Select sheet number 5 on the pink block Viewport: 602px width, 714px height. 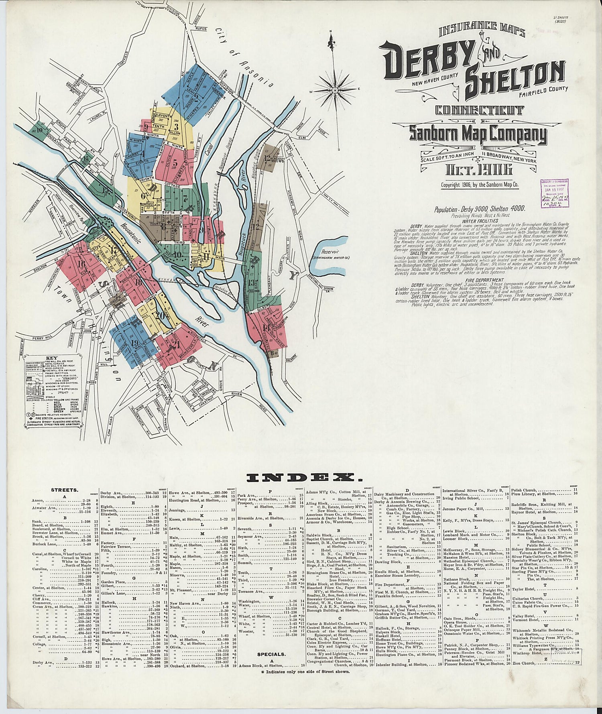pyautogui.click(x=175, y=163)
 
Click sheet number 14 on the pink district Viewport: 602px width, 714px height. pyautogui.click(x=266, y=328)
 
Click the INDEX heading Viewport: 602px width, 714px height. pyautogui.click(x=301, y=478)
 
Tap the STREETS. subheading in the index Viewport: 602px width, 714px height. pyautogui.click(x=65, y=490)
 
